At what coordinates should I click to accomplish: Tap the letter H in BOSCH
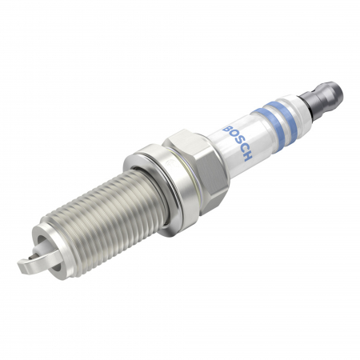(249, 158)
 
